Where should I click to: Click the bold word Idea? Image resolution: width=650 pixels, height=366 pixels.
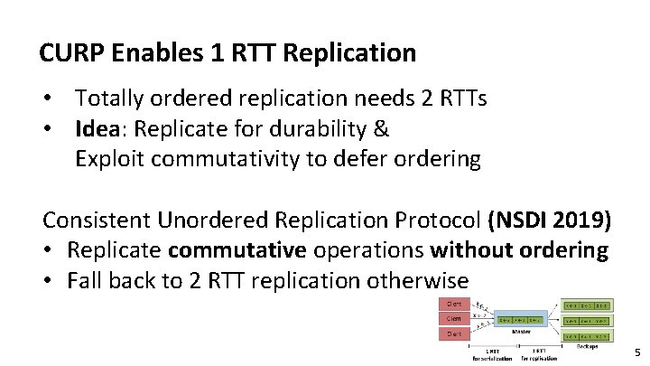(100, 128)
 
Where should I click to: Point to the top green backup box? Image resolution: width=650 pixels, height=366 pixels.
(587, 304)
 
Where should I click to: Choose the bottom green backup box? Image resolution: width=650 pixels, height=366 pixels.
(587, 335)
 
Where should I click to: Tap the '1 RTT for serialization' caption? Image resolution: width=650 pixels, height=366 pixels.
(492, 353)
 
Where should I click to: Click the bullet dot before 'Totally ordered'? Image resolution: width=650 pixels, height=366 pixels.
(55, 98)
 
